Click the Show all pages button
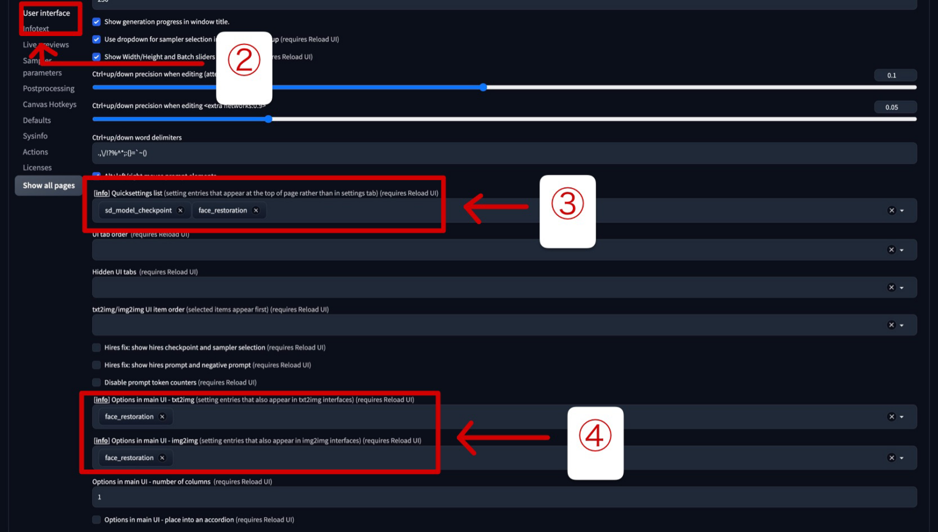click(x=48, y=186)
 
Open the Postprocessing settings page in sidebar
click(x=48, y=89)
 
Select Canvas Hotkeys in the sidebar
click(x=49, y=104)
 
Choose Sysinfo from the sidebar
click(x=35, y=136)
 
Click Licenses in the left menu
click(x=37, y=168)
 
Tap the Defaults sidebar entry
click(x=37, y=120)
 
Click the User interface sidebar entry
click(x=46, y=13)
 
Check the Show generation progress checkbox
click(x=96, y=22)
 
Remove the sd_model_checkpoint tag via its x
click(x=180, y=211)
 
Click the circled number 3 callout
click(x=567, y=204)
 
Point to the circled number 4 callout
click(x=595, y=436)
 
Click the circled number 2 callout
click(x=244, y=60)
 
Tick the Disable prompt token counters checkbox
click(x=96, y=383)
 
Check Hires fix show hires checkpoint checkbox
click(x=96, y=348)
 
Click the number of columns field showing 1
click(x=504, y=497)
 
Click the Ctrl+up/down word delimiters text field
click(x=504, y=153)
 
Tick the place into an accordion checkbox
click(x=96, y=520)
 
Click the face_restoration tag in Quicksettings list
click(x=222, y=211)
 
